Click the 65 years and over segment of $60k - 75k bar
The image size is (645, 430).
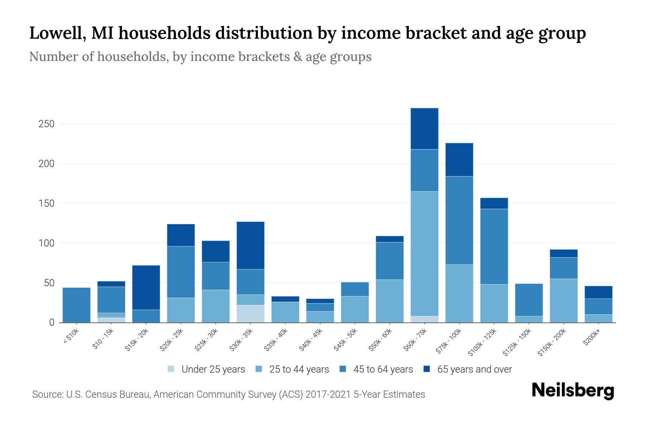tap(424, 129)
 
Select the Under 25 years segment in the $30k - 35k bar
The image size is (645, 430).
tap(250, 314)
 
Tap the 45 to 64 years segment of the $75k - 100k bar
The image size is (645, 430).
tap(459, 220)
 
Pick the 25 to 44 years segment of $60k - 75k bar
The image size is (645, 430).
tap(424, 253)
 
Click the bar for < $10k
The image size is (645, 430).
tap(76, 305)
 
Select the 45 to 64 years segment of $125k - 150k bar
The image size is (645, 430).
tap(529, 300)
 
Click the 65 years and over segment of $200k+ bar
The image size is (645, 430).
tap(598, 292)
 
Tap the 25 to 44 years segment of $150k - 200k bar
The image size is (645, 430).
tap(563, 300)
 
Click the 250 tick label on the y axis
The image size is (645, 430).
tap(46, 124)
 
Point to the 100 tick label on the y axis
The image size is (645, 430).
tap(46, 243)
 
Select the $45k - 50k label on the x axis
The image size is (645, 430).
tap(345, 340)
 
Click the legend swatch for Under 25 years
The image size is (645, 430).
tap(171, 369)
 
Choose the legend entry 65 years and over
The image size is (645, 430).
tap(474, 369)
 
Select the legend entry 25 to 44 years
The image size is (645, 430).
tap(299, 369)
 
